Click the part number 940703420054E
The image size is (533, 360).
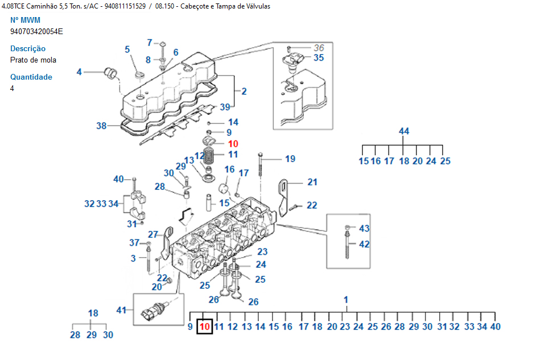pos(36,31)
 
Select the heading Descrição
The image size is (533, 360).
pos(28,49)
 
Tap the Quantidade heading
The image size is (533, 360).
pos(31,77)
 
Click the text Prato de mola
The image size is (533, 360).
pos(33,60)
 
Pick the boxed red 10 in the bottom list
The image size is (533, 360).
pos(205,326)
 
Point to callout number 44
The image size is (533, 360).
pos(404,131)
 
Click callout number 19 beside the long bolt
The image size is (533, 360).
pos(290,159)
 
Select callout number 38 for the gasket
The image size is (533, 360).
pos(101,126)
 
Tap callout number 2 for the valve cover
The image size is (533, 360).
pos(244,91)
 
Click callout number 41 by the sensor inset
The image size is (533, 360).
pos(121,310)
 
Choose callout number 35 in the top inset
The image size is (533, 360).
pos(319,57)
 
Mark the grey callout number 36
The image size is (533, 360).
pos(319,48)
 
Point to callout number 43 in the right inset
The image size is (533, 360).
pos(364,228)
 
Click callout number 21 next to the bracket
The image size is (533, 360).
pos(312,182)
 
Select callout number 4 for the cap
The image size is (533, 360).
pos(79,72)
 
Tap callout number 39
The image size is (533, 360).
pos(225,107)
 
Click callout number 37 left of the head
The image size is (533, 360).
pos(134,243)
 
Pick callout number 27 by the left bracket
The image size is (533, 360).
pos(153,234)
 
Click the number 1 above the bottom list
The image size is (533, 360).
pos(346,300)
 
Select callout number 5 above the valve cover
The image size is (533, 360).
pos(127,49)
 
